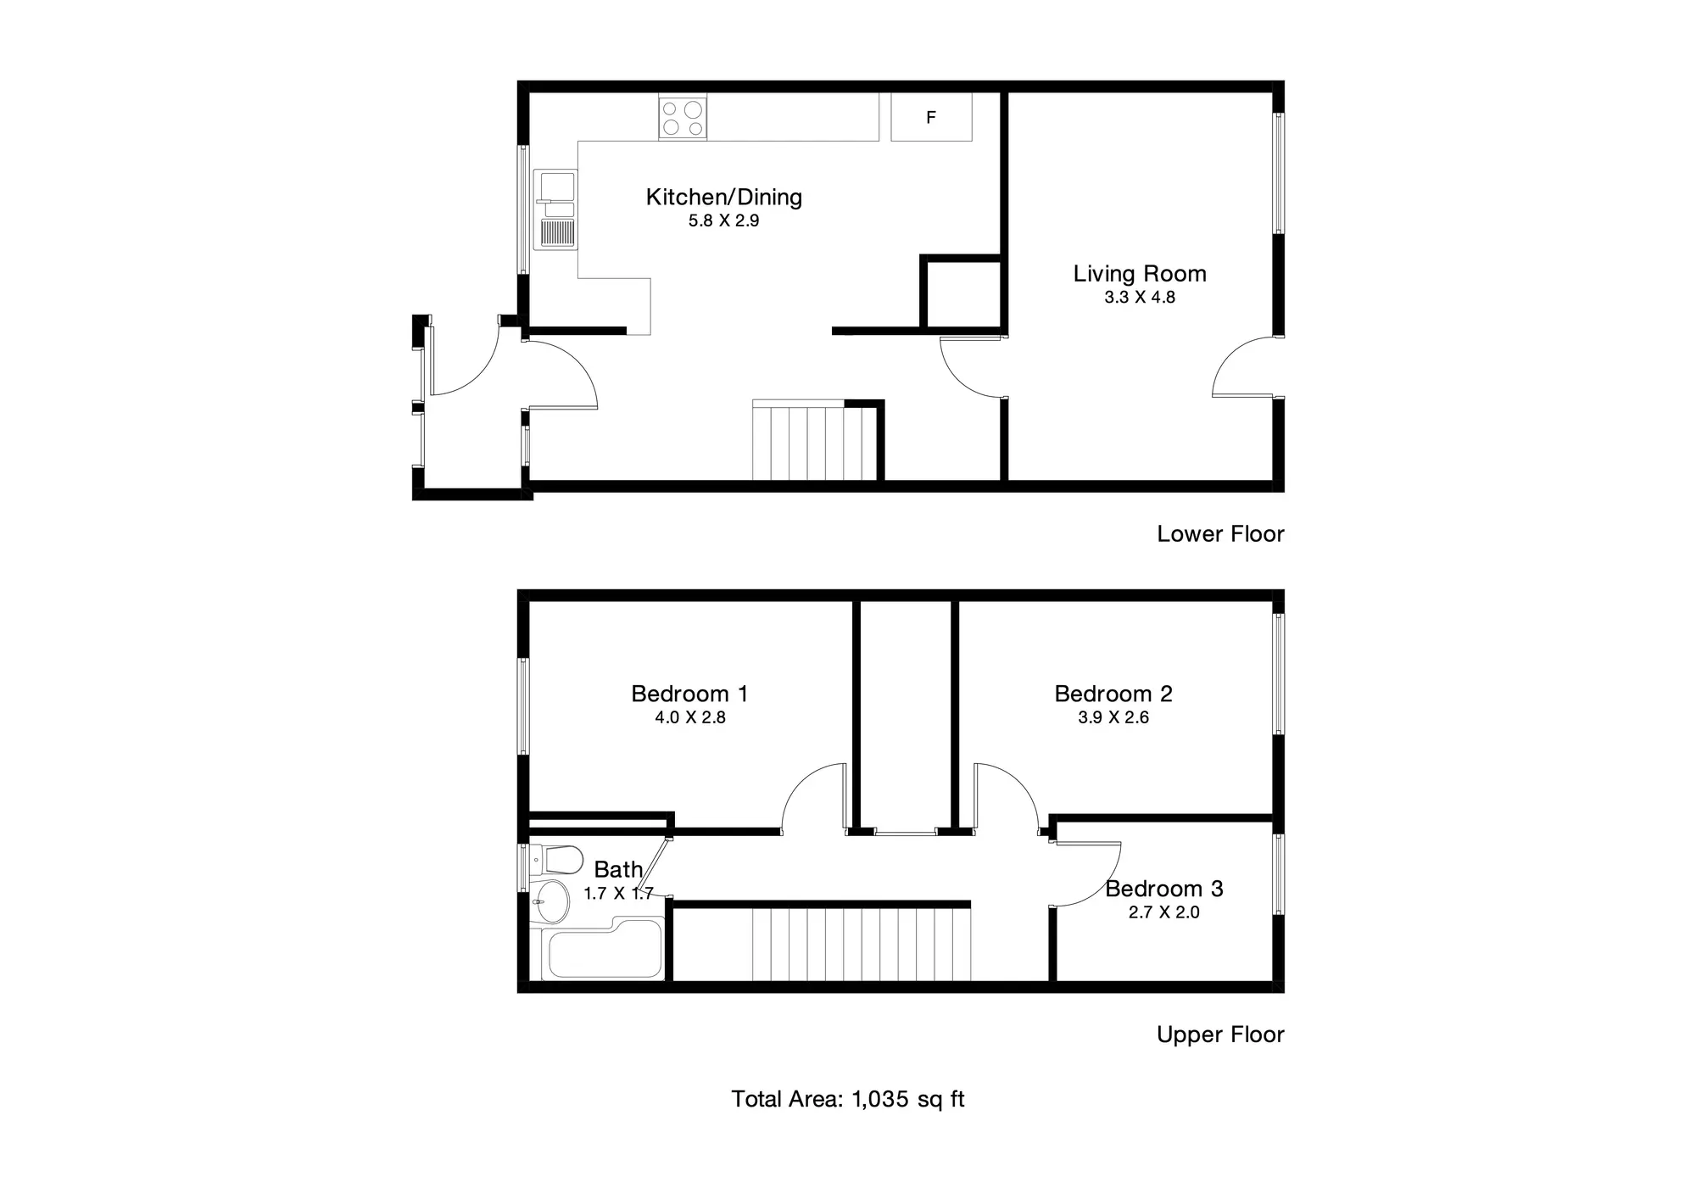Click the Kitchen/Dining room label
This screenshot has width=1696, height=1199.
pos(723,198)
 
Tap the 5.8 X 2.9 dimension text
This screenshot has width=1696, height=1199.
pos(723,220)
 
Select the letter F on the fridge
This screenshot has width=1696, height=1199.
pos(930,118)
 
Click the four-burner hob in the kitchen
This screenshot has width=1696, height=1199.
pos(683,118)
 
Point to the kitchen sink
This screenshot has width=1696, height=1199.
pos(555,209)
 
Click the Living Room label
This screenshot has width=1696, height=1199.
pos(1140,274)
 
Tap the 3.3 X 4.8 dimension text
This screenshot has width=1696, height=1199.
pos(1140,298)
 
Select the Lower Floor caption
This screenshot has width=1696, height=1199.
pos(1220,533)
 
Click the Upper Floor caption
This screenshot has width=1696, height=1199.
pos(1220,1034)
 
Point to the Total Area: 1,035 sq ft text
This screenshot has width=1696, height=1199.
pos(848,1099)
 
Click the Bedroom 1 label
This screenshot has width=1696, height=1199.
pos(689,694)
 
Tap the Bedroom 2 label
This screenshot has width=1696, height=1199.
pos(1113,694)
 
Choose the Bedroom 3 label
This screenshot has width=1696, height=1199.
pos(1163,889)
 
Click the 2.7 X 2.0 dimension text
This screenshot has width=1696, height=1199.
pos(1163,912)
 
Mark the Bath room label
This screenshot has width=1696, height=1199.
pos(618,870)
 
